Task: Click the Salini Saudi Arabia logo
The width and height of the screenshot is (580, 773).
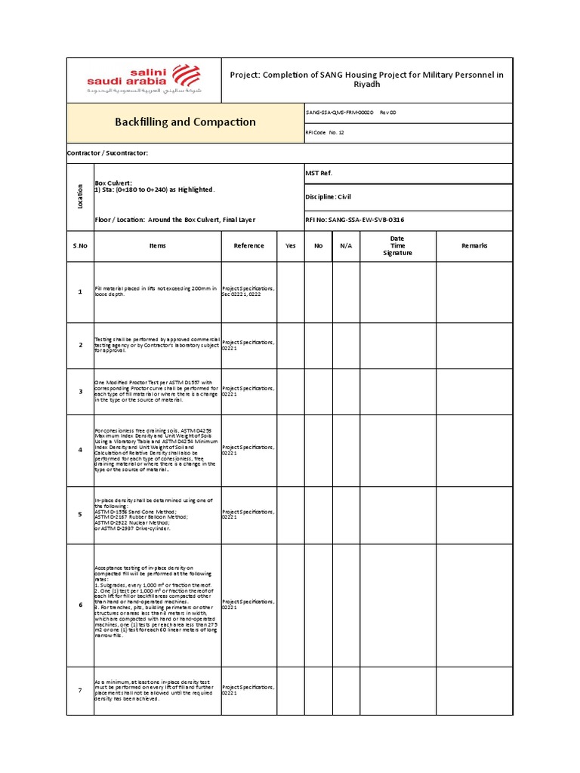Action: click(143, 80)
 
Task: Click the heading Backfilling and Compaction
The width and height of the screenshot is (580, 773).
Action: click(185, 122)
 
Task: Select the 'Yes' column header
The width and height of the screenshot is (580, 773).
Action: click(291, 245)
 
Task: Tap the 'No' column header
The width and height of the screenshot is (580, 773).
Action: click(318, 245)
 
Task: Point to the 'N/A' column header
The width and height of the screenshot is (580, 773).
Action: click(346, 245)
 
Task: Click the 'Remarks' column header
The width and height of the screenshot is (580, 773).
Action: click(474, 245)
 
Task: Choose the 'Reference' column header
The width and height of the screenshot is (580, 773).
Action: click(248, 245)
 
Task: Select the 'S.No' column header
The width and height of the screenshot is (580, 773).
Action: click(80, 245)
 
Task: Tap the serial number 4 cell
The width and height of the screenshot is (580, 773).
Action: click(80, 450)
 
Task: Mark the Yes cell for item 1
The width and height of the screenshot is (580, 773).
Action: click(291, 291)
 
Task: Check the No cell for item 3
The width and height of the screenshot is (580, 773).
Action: click(318, 391)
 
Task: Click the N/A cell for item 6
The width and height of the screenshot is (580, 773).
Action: click(346, 605)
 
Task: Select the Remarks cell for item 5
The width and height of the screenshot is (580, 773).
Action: click(474, 515)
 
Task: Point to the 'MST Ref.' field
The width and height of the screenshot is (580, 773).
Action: click(318, 173)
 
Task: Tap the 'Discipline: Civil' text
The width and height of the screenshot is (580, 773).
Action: click(329, 196)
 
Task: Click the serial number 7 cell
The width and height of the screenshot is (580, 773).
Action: click(80, 691)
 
